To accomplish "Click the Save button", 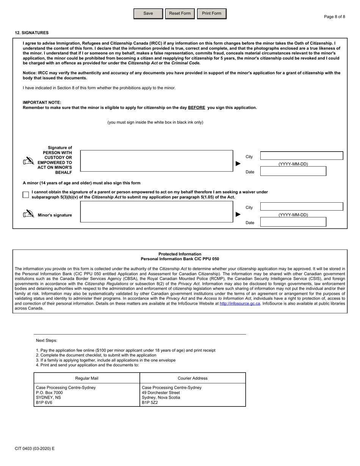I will click(148, 14).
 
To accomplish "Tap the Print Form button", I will click(211, 14).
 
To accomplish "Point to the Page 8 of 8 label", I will click(334, 17).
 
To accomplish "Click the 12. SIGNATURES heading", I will click(32, 33).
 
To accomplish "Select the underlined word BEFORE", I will click(196, 108).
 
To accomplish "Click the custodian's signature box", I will click(157, 161).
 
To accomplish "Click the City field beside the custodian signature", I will click(302, 156).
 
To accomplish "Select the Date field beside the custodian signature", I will click(293, 171).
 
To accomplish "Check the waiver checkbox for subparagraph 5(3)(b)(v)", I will click(26, 195).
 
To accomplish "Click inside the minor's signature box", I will click(157, 212).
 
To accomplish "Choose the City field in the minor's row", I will click(302, 206).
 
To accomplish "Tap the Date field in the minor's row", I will click(293, 222).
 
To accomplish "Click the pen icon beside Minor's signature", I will click(28, 214).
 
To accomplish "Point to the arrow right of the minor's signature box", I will click(238, 214).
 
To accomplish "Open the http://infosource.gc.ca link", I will click(240, 303).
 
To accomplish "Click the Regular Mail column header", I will click(87, 378).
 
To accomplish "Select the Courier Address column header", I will click(193, 378).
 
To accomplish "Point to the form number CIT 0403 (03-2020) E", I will click(34, 449).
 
